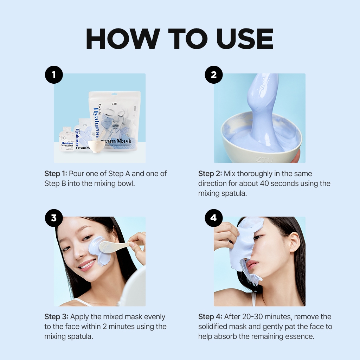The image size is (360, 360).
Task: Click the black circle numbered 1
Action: coord(54,75)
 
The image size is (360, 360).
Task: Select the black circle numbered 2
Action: coord(214,75)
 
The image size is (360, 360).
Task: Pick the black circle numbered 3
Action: coord(54,218)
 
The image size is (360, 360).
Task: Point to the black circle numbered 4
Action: coord(214,218)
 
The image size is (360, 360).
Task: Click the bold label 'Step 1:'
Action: coord(56,174)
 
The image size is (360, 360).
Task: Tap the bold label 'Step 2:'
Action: coord(210,174)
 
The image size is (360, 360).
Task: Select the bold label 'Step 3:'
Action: coord(56,317)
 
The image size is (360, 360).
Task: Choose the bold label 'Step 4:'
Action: coord(210,317)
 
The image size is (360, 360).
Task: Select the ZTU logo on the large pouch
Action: coord(114,104)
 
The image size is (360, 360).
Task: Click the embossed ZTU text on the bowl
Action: coord(264,160)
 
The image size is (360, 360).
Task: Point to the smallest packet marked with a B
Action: coord(66,139)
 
